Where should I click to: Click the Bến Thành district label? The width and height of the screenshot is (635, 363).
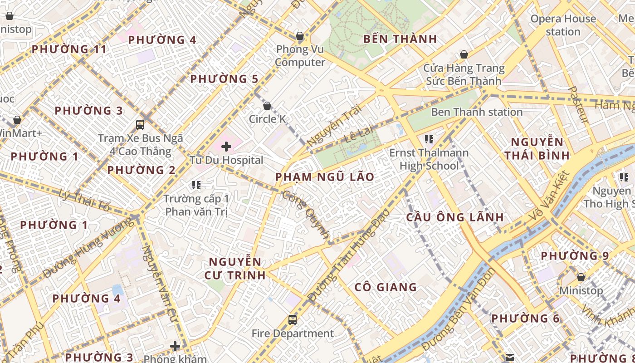(400, 39)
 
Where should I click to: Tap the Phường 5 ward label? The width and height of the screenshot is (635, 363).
(224, 79)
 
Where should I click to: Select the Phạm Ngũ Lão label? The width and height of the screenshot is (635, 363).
(325, 177)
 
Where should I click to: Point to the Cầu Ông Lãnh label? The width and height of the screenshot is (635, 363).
(454, 217)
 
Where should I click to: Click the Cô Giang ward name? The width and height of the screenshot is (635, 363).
(386, 287)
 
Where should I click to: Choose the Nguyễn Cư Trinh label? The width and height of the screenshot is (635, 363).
(235, 268)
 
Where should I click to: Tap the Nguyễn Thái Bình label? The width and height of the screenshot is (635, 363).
(537, 149)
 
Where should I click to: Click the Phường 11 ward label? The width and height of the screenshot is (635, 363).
(69, 49)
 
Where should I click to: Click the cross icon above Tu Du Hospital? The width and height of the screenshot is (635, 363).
(226, 146)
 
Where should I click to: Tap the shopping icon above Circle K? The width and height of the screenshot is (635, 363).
(267, 106)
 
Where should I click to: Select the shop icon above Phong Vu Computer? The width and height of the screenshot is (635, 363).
(299, 36)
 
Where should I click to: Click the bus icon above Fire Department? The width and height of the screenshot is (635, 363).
(293, 320)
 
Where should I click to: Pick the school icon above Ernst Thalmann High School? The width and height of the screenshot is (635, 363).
(429, 139)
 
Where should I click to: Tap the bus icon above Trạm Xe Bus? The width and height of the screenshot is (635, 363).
(140, 124)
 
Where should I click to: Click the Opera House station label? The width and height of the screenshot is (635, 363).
(563, 25)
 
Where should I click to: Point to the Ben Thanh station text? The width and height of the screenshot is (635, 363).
(477, 112)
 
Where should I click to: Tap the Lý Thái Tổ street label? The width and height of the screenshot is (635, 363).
(84, 201)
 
